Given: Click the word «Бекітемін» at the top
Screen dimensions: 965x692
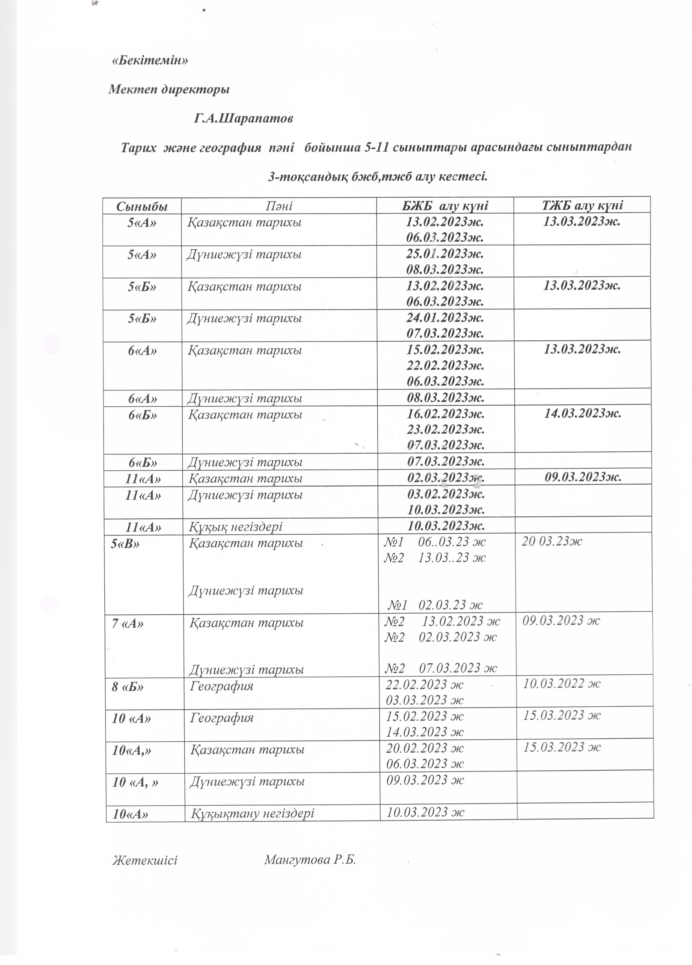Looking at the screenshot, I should coord(150,61).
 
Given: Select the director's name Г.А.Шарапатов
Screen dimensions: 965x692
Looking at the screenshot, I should coord(244,119).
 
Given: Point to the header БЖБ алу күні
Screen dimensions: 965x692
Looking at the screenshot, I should coord(445,206).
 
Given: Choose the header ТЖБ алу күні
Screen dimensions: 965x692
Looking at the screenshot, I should coord(582,206).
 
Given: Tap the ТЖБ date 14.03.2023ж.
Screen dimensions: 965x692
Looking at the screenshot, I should coord(583,413).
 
